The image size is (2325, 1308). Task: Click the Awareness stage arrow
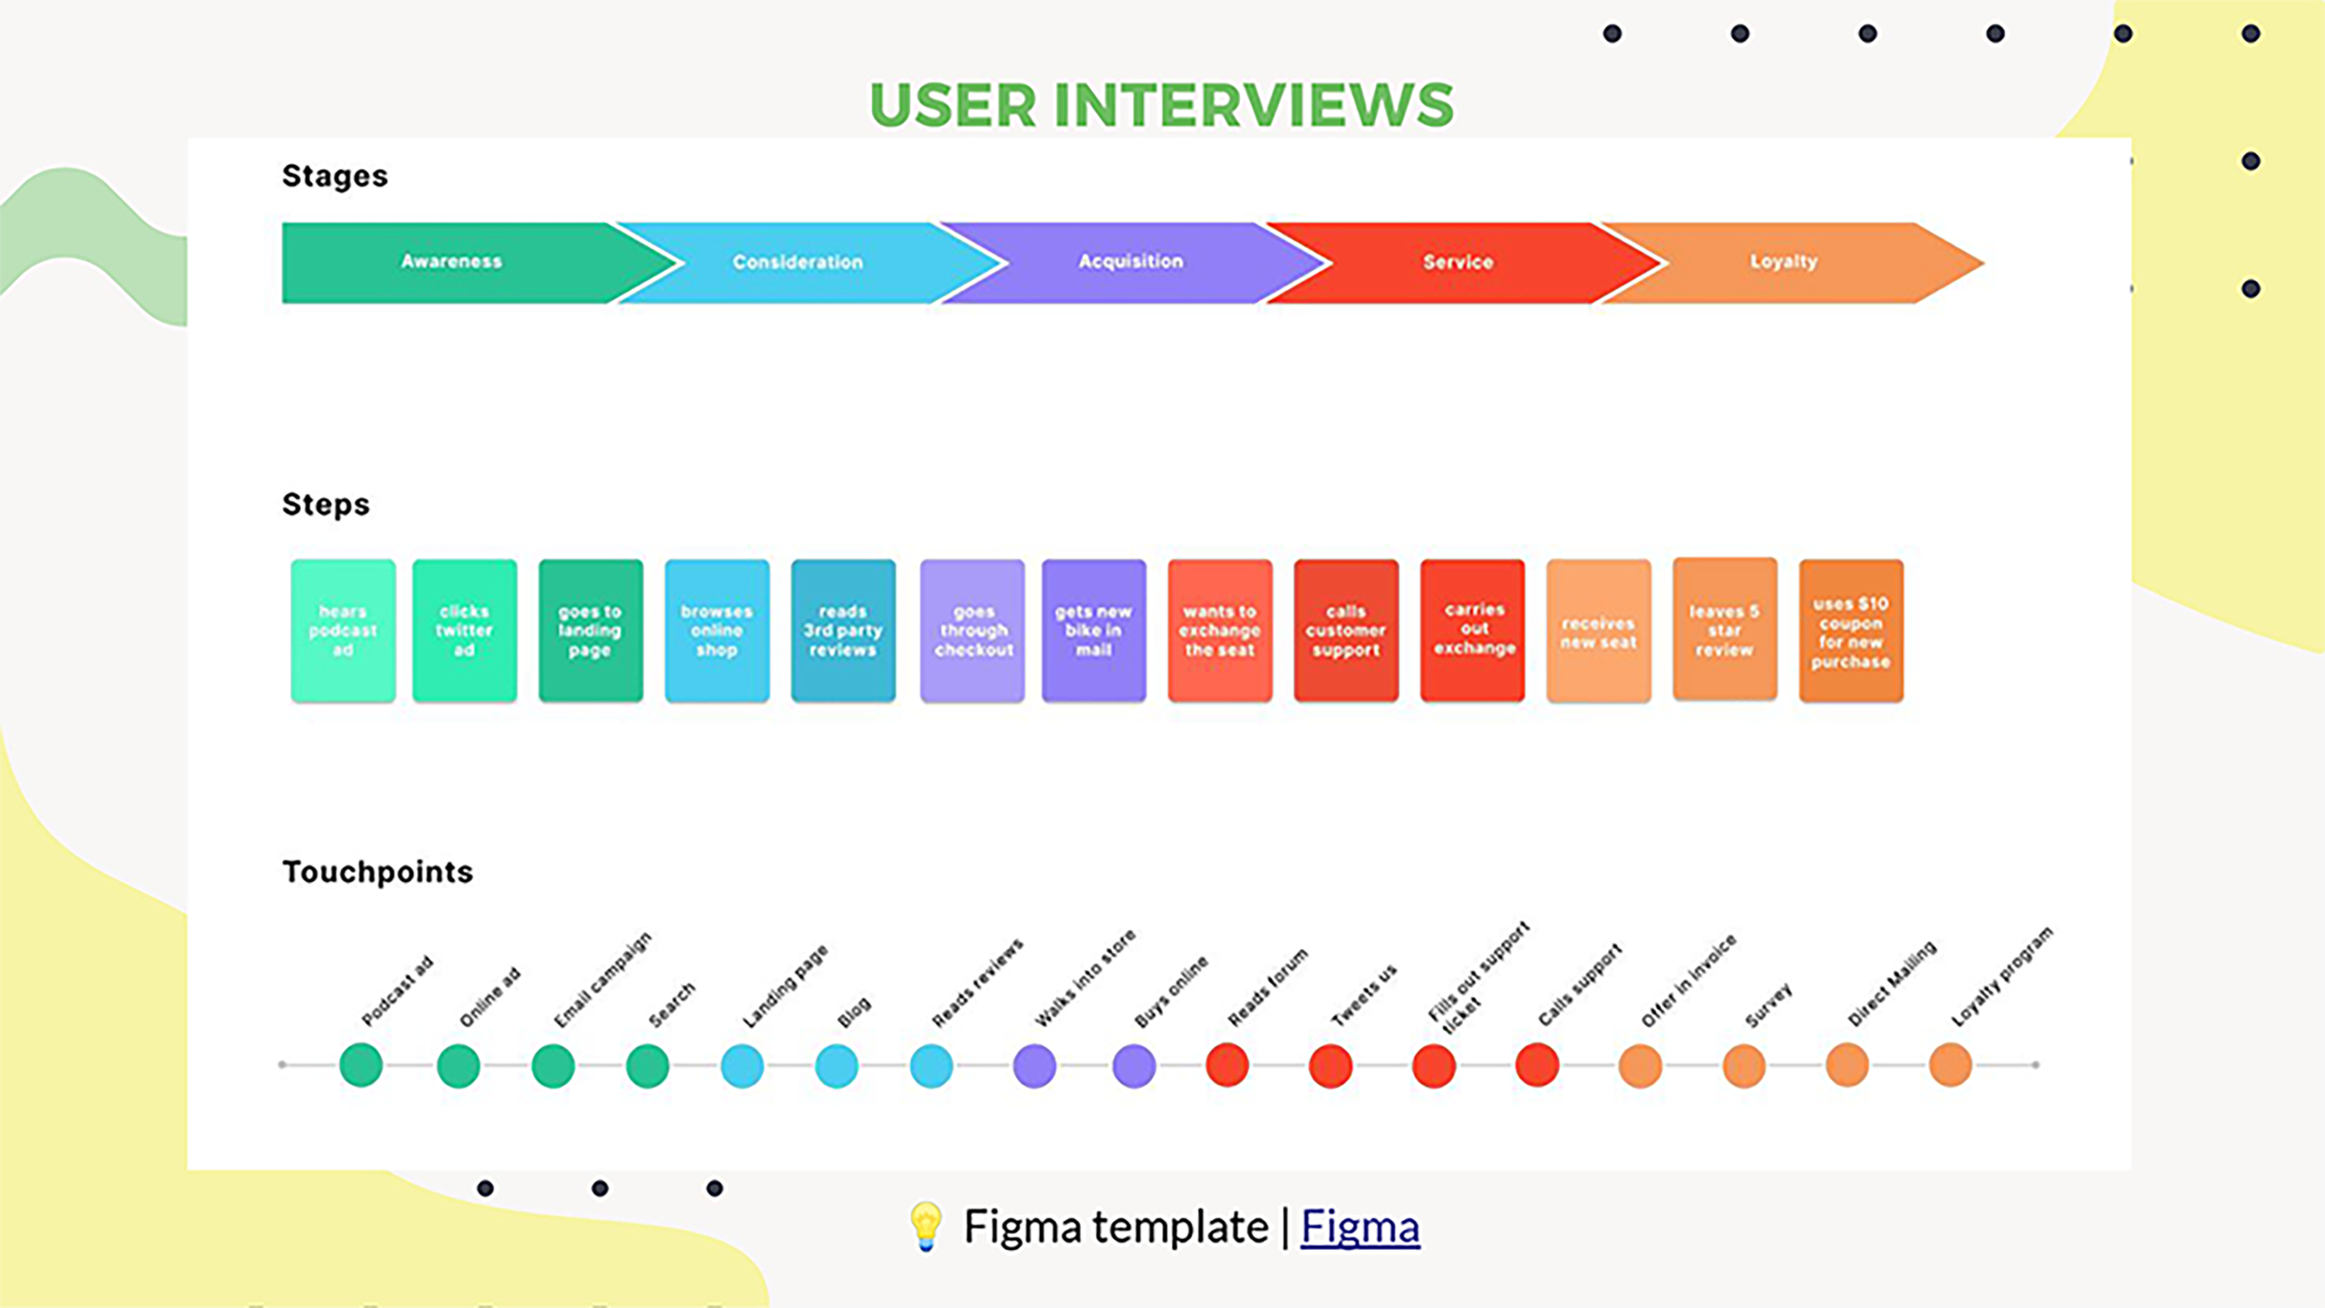click(451, 262)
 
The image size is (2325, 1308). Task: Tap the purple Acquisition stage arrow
click(1130, 262)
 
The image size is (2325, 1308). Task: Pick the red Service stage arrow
click(1458, 262)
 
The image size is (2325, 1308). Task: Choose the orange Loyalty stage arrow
click(1783, 262)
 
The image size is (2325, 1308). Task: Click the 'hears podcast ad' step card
click(343, 630)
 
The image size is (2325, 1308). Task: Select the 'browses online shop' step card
click(717, 630)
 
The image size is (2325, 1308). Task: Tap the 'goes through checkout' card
click(972, 630)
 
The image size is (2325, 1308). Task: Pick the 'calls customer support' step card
click(1345, 630)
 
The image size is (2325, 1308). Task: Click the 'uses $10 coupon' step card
click(1850, 630)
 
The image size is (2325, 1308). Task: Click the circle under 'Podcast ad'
click(361, 1065)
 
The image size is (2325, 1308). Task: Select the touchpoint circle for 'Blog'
click(837, 1065)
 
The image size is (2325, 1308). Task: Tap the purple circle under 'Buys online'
click(1134, 1065)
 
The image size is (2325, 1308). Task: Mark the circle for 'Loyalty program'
click(1950, 1065)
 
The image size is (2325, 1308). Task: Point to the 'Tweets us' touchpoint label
click(1364, 996)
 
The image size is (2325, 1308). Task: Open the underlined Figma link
click(1359, 1227)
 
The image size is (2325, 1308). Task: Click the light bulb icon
click(926, 1226)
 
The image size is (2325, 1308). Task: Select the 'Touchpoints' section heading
click(377, 872)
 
